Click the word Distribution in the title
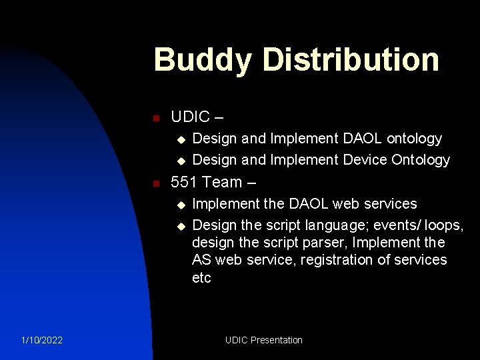pos(351,60)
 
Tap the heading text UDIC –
pos(197,117)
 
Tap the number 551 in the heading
pos(185,182)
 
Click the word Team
pos(223,182)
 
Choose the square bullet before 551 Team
pos(155,183)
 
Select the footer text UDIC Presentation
pos(263,340)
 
